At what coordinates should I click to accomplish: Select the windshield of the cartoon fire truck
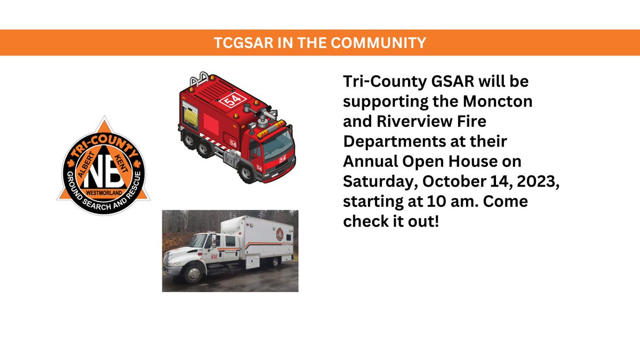(278, 145)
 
